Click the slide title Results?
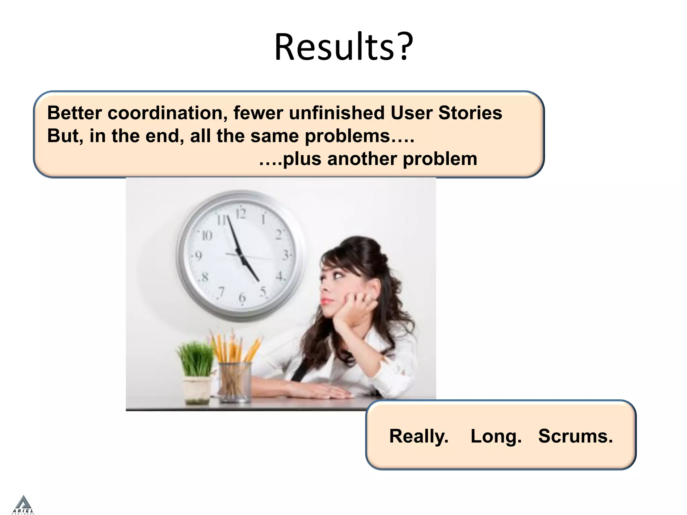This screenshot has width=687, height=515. [343, 47]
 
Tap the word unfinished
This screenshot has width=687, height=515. [336, 113]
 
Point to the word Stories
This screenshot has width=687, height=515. [470, 113]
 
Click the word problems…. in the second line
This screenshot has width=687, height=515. [359, 136]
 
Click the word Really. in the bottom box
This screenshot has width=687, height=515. [419, 436]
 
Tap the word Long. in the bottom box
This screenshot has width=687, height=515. [496, 436]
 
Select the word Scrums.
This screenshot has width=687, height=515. [575, 436]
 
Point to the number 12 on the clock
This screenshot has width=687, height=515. [241, 214]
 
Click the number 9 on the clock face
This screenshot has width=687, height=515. [198, 256]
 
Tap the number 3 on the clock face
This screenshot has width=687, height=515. [285, 255]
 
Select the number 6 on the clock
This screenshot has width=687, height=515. [242, 297]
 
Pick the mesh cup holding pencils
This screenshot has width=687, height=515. [234, 382]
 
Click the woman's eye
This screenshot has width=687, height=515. [337, 276]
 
